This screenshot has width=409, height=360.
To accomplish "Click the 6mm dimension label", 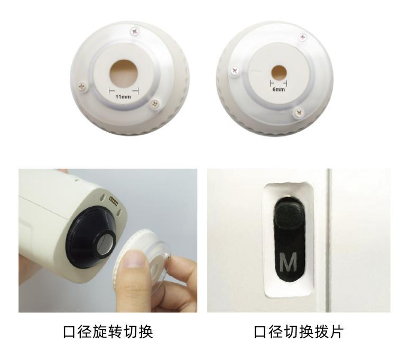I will tap(278, 90).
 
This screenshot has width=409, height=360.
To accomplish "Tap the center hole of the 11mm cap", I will tap(124, 71).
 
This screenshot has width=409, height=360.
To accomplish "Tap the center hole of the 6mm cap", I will tap(278, 72).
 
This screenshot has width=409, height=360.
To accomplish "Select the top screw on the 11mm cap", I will tap(135, 32).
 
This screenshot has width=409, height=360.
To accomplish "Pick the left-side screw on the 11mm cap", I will tap(82, 85).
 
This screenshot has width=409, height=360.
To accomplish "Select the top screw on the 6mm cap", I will tap(302, 37).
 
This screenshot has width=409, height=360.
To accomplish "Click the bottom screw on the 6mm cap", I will tap(299, 112).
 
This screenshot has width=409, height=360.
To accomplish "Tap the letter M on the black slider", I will tap(288, 261).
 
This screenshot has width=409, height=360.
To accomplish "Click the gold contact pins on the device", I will tap(113, 200).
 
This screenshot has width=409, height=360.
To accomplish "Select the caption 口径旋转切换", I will tap(108, 332).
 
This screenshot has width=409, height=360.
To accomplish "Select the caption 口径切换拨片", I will tap(299, 332).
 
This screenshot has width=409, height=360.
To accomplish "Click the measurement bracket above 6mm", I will tap(278, 84).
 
